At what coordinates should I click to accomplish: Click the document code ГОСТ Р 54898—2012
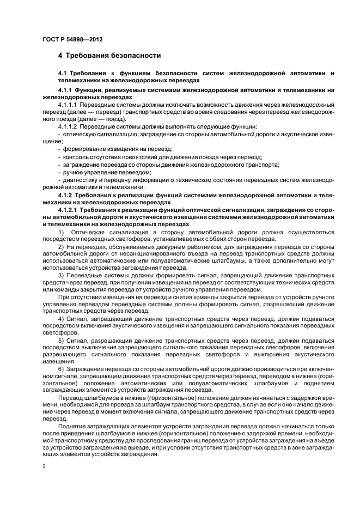73,40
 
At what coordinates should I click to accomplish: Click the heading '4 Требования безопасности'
109,56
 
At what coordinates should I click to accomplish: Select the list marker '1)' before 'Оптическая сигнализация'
61,232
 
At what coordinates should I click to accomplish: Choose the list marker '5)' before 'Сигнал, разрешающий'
61,340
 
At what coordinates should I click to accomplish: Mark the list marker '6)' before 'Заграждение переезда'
61,369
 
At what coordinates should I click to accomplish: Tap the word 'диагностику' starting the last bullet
81,179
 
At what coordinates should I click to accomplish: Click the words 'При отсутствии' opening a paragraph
80,298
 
